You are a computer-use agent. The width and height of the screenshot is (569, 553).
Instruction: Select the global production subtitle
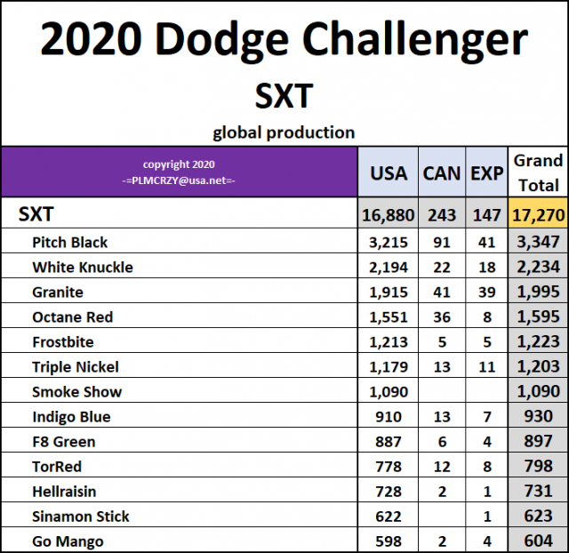pos(284,132)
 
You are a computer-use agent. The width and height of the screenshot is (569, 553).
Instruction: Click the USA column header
pos(389,172)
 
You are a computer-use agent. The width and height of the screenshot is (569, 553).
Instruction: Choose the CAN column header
pos(442,172)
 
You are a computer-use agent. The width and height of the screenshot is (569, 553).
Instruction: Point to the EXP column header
pos(486,172)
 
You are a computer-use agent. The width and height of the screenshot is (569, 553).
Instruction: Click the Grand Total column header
pos(538,172)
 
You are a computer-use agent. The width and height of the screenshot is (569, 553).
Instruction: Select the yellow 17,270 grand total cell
pos(538,214)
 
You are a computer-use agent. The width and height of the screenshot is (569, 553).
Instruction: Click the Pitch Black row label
pos(70,242)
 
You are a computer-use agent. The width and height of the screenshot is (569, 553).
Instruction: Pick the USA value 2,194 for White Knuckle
pos(389,267)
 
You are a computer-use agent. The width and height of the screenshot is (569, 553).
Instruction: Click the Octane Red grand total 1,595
pos(538,317)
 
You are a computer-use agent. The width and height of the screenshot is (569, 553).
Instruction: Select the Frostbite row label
pos(63,341)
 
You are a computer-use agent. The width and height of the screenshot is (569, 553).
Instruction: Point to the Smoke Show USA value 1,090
pos(389,391)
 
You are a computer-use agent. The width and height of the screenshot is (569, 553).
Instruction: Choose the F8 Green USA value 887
pos(389,441)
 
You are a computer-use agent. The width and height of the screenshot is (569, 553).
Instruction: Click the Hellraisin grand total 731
pos(538,491)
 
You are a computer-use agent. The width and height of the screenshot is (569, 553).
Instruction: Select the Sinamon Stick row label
pos(81,516)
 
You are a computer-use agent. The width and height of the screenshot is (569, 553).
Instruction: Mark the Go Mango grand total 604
pos(538,541)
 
